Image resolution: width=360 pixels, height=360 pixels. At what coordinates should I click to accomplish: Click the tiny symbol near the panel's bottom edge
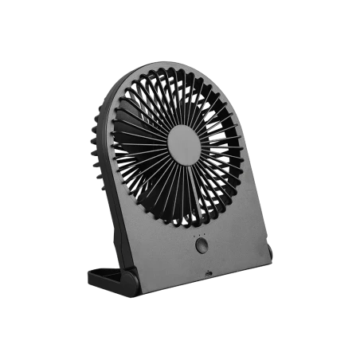coord(209,273)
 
